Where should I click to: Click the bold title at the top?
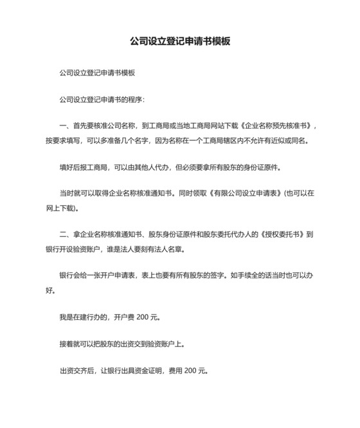coord(180,41)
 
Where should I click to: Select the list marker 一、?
coord(65,127)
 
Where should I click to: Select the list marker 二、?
coord(65,234)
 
